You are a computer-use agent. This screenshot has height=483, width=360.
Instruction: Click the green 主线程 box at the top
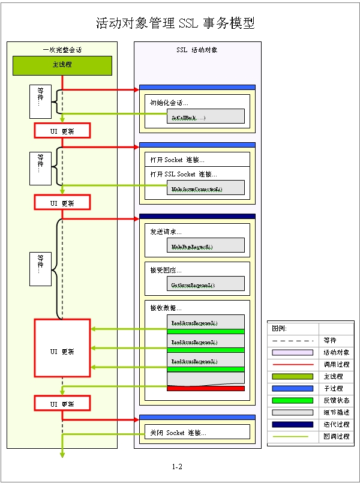(62, 65)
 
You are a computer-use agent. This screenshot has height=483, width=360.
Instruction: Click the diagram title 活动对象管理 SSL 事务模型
(176, 23)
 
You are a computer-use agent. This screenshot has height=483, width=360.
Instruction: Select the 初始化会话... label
(169, 103)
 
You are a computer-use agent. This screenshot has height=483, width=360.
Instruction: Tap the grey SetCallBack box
(205, 116)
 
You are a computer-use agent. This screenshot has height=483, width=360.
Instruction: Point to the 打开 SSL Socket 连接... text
(184, 174)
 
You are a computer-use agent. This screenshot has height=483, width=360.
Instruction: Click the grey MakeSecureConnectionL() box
(205, 188)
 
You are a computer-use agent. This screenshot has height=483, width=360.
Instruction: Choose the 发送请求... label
(166, 232)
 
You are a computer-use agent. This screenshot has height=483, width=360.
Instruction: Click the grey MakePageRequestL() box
(205, 245)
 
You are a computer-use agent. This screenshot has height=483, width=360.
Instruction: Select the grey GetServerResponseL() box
(205, 284)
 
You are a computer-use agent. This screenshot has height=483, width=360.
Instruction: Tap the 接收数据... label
(166, 308)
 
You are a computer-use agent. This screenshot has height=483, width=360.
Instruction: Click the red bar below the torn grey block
(205, 388)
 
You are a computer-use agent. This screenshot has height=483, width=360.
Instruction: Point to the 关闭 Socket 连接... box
(197, 432)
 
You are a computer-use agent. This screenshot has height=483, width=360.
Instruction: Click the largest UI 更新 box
(62, 351)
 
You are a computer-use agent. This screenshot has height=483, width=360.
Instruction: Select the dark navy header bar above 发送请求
(197, 216)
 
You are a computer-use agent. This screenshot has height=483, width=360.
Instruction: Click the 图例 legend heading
(280, 328)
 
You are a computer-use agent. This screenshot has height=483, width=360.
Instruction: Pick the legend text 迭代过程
(336, 424)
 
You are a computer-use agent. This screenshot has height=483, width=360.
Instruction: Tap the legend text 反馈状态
(336, 400)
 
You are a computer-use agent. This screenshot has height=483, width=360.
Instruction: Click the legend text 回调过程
(336, 436)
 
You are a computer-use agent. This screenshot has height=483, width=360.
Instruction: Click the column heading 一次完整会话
(62, 50)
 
